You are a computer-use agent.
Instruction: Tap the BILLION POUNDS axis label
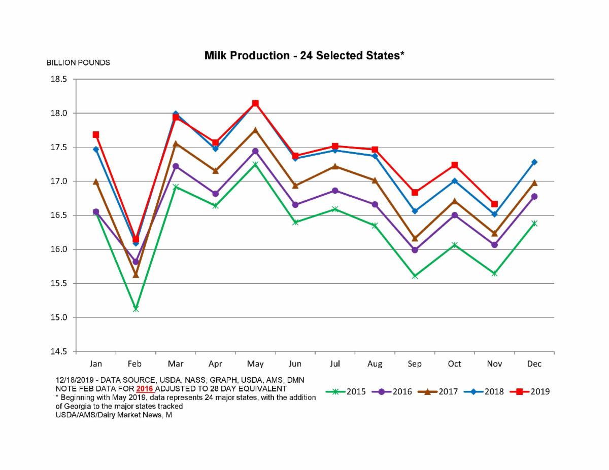coord(78,63)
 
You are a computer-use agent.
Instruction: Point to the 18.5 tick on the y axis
coord(59,79)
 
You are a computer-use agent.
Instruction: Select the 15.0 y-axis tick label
coord(59,317)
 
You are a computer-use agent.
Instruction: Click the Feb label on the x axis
coord(135,364)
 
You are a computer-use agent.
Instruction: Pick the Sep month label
coord(415,364)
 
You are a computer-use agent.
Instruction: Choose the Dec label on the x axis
coord(534,364)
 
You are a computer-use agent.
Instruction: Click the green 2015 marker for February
coord(136,308)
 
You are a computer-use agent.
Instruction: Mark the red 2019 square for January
coord(95,135)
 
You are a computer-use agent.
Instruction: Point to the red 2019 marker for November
coord(494,204)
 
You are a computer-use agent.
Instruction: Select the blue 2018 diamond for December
coord(534,162)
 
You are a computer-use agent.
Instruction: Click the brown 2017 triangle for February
coord(136,275)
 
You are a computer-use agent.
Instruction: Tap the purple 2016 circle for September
coord(415,250)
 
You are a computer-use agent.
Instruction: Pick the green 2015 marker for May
coord(255,164)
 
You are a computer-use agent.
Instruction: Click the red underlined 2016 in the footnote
coord(145,388)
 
